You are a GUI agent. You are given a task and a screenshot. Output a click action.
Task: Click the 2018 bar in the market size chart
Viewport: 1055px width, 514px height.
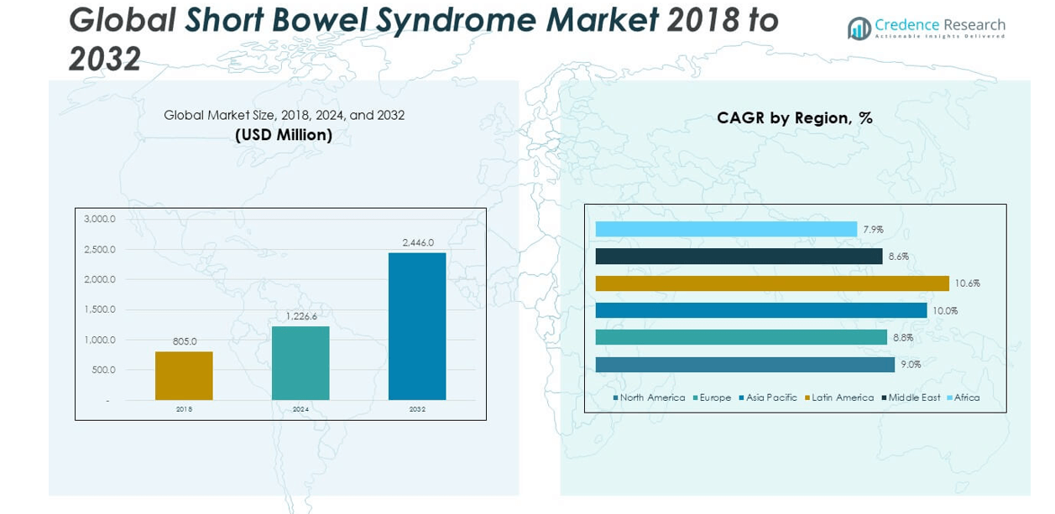point(184,376)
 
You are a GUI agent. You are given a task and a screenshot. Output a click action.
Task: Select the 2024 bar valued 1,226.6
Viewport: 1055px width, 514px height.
point(300,363)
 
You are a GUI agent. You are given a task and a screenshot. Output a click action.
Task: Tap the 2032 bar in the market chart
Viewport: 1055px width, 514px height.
point(417,326)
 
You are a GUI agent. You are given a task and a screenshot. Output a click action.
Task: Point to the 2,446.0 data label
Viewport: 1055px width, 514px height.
point(418,242)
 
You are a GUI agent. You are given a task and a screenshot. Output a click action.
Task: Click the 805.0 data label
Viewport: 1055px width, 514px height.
point(184,341)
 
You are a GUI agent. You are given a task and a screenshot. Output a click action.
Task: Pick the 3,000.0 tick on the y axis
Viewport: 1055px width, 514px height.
point(100,219)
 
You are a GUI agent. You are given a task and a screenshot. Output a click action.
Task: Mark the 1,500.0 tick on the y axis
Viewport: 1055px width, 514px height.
point(100,309)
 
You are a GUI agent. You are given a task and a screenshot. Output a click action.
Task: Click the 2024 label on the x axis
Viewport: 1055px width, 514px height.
point(300,409)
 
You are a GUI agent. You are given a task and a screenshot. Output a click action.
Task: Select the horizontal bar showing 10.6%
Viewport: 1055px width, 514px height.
point(772,283)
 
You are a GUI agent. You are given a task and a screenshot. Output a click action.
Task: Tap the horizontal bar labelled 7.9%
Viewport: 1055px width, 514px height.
point(726,229)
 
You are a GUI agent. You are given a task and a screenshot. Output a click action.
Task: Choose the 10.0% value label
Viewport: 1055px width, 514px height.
point(945,311)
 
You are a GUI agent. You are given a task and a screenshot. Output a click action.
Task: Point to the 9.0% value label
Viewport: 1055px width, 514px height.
point(911,365)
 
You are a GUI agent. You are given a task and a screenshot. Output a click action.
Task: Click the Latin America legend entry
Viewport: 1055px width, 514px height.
point(843,397)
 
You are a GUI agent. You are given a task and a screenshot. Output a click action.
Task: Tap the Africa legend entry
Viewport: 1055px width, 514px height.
point(967,397)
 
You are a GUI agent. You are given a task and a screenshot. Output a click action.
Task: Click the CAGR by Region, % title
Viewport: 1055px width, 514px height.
point(794,118)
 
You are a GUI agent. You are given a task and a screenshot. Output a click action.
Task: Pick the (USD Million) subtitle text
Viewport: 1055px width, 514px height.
point(284,135)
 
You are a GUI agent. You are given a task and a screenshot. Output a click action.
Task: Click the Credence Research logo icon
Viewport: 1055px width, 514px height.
point(859,29)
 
